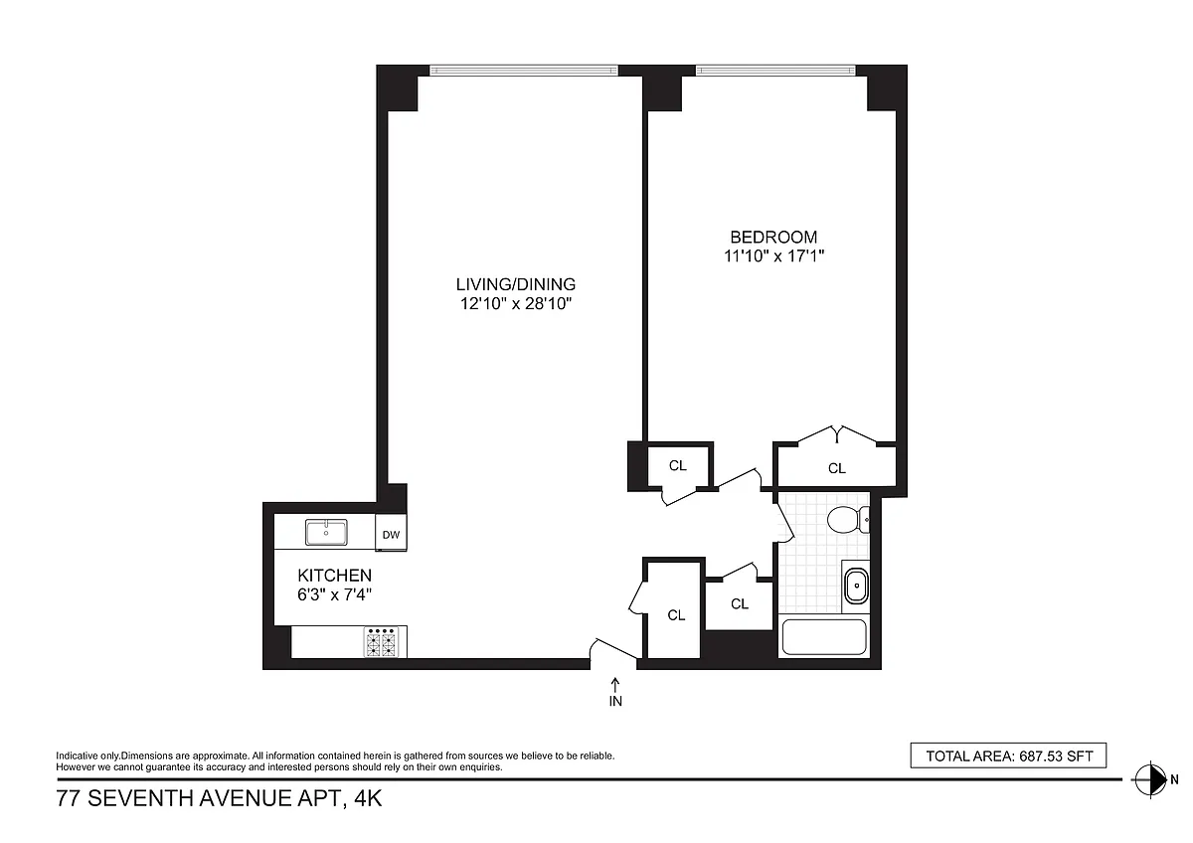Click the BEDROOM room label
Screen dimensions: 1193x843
click(x=773, y=237)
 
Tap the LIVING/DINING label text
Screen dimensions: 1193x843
click(x=516, y=284)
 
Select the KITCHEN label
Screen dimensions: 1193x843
click(x=334, y=576)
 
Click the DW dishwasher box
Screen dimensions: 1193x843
click(x=391, y=533)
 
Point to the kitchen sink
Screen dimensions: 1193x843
click(x=326, y=533)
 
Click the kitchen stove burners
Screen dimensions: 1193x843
click(x=382, y=642)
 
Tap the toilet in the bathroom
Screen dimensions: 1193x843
click(x=848, y=519)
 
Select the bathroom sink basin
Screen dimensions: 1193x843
click(x=856, y=586)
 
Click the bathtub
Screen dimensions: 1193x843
click(x=824, y=636)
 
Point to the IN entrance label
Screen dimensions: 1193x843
click(x=615, y=702)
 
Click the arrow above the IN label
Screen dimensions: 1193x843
click(x=615, y=685)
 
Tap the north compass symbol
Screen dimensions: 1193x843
click(x=1150, y=779)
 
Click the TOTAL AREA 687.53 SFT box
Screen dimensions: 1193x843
click(x=1008, y=756)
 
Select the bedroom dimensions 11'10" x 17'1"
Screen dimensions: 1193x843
click(x=773, y=256)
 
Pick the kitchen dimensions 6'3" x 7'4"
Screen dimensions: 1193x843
click(x=334, y=594)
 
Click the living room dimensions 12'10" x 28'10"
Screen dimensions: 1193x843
click(x=516, y=303)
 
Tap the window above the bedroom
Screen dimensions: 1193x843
click(x=775, y=71)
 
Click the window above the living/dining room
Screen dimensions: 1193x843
click(x=524, y=71)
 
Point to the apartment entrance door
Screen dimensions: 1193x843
click(x=613, y=651)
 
